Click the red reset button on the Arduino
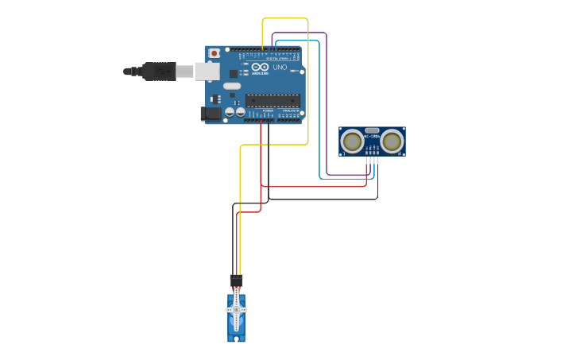point(213,53)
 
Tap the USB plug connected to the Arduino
point(159,72)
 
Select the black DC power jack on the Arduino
point(209,114)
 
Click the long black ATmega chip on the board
point(273,100)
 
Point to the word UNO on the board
point(280,68)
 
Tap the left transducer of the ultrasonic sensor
point(351,141)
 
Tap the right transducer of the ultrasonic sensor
point(392,141)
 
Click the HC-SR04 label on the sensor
point(372,136)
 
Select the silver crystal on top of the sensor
point(372,129)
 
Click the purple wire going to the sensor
point(327,95)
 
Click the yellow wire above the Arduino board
point(284,18)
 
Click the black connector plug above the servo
point(236,281)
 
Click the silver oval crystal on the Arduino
point(232,86)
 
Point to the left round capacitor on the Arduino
point(230,112)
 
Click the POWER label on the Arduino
point(268,110)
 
